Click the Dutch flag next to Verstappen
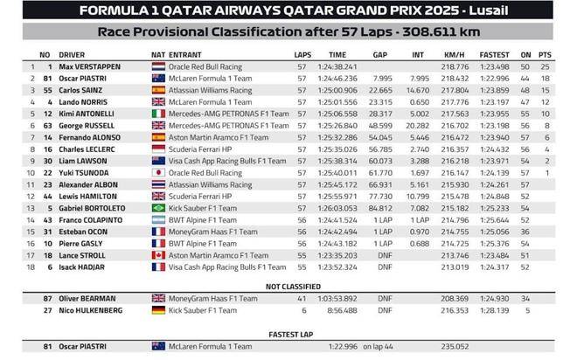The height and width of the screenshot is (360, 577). point(158,66)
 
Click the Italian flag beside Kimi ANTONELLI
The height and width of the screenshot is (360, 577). point(158,114)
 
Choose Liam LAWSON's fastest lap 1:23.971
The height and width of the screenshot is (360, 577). point(496,161)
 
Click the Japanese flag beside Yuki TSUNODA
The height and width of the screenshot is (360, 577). point(158,173)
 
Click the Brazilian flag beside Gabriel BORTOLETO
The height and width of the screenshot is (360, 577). point(158,208)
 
